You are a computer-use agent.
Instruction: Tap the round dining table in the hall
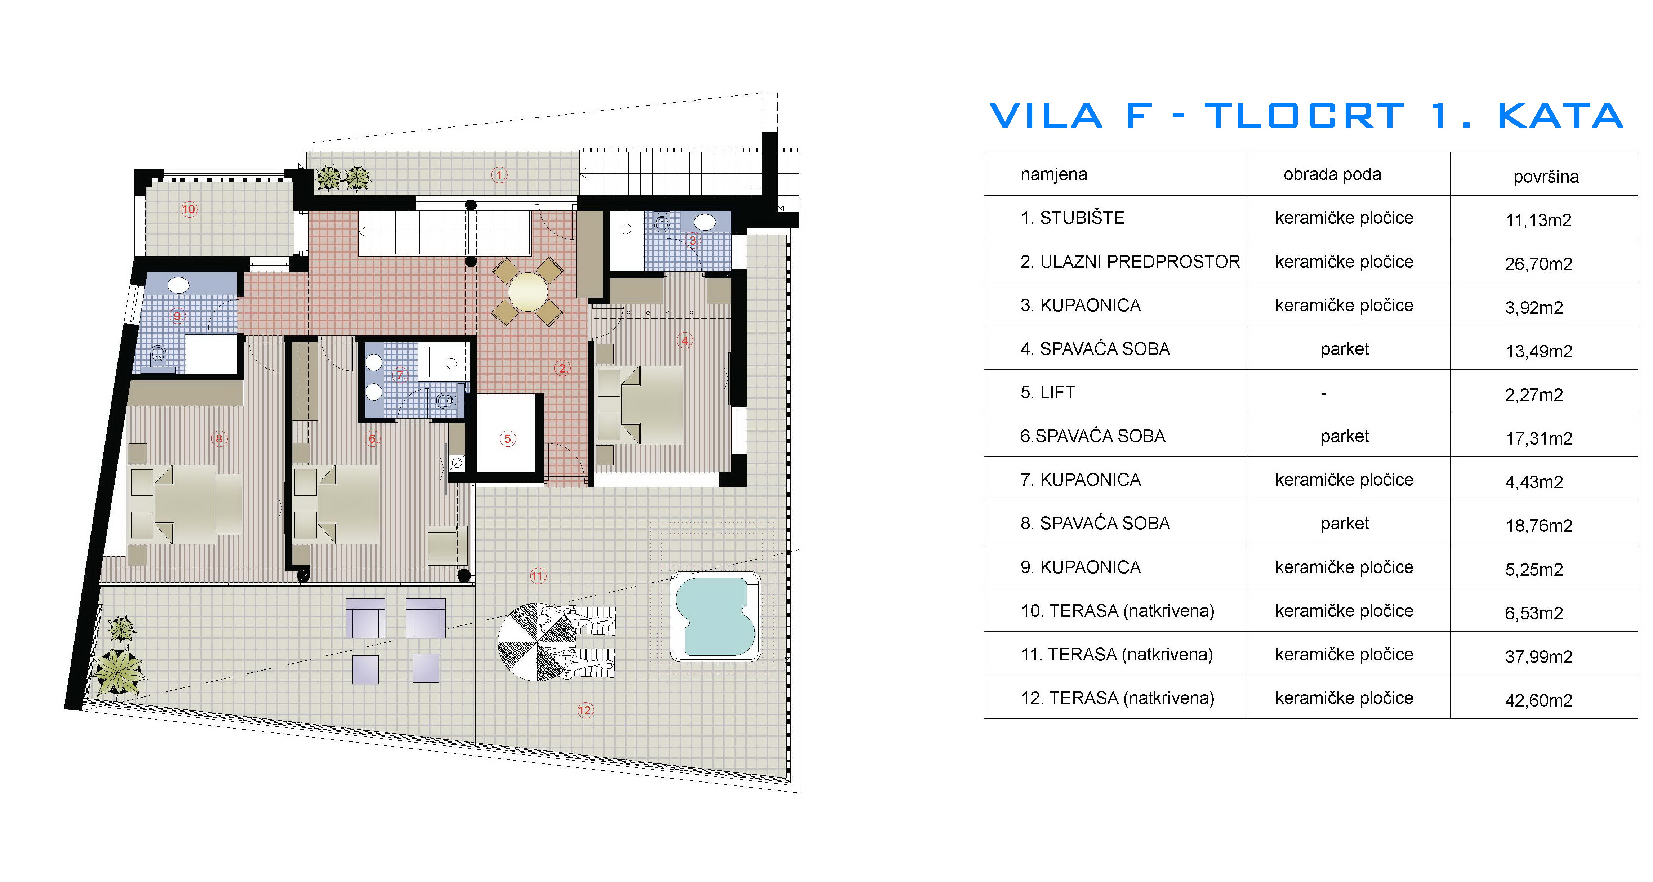pos(527,292)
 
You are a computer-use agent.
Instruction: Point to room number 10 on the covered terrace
pos(189,209)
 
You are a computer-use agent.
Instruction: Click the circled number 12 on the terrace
pos(585,710)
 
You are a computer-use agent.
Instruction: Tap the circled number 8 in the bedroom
pos(219,439)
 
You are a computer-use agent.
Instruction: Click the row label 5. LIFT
pos(1047,392)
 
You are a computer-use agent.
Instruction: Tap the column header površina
pos(1545,177)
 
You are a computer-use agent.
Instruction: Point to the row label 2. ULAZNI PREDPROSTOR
pos(1130,262)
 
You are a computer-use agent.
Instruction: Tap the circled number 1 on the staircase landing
pos(499,175)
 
